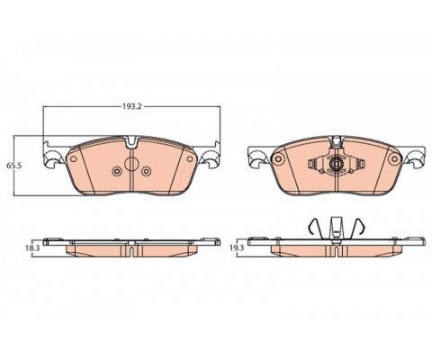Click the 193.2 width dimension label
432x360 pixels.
(131, 106)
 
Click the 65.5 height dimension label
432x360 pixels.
(14, 166)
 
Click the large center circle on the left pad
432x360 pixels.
(131, 164)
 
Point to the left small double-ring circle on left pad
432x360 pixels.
(117, 171)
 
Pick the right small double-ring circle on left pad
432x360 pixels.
(146, 171)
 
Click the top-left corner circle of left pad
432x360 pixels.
(73, 159)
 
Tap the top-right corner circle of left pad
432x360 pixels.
(190, 159)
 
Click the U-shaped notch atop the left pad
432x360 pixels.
(131, 141)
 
